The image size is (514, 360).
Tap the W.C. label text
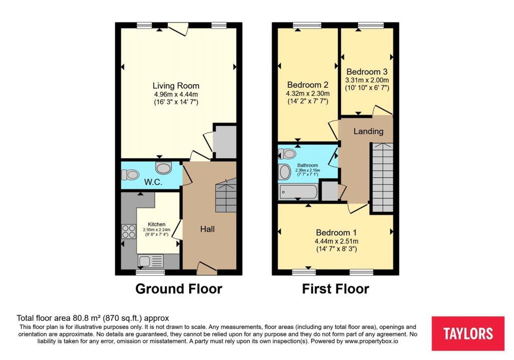[x=153, y=182]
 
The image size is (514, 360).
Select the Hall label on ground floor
[x=207, y=229]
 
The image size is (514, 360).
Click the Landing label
[x=368, y=132]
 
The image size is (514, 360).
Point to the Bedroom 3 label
[x=366, y=72]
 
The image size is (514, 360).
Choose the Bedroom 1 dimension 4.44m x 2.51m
[x=336, y=241]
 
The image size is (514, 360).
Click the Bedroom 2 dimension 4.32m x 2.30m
[x=308, y=93]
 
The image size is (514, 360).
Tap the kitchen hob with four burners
[x=128, y=231]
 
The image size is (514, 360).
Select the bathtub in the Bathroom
[x=298, y=191]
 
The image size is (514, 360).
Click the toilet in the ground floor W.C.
[x=130, y=175]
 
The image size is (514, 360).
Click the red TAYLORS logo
[x=468, y=333]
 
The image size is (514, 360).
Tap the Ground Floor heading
[x=178, y=289]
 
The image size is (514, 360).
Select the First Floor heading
[x=335, y=289]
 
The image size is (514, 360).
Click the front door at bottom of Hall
[x=207, y=268]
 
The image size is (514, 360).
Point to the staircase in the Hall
[x=225, y=197]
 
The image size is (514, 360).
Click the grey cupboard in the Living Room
[x=224, y=141]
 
